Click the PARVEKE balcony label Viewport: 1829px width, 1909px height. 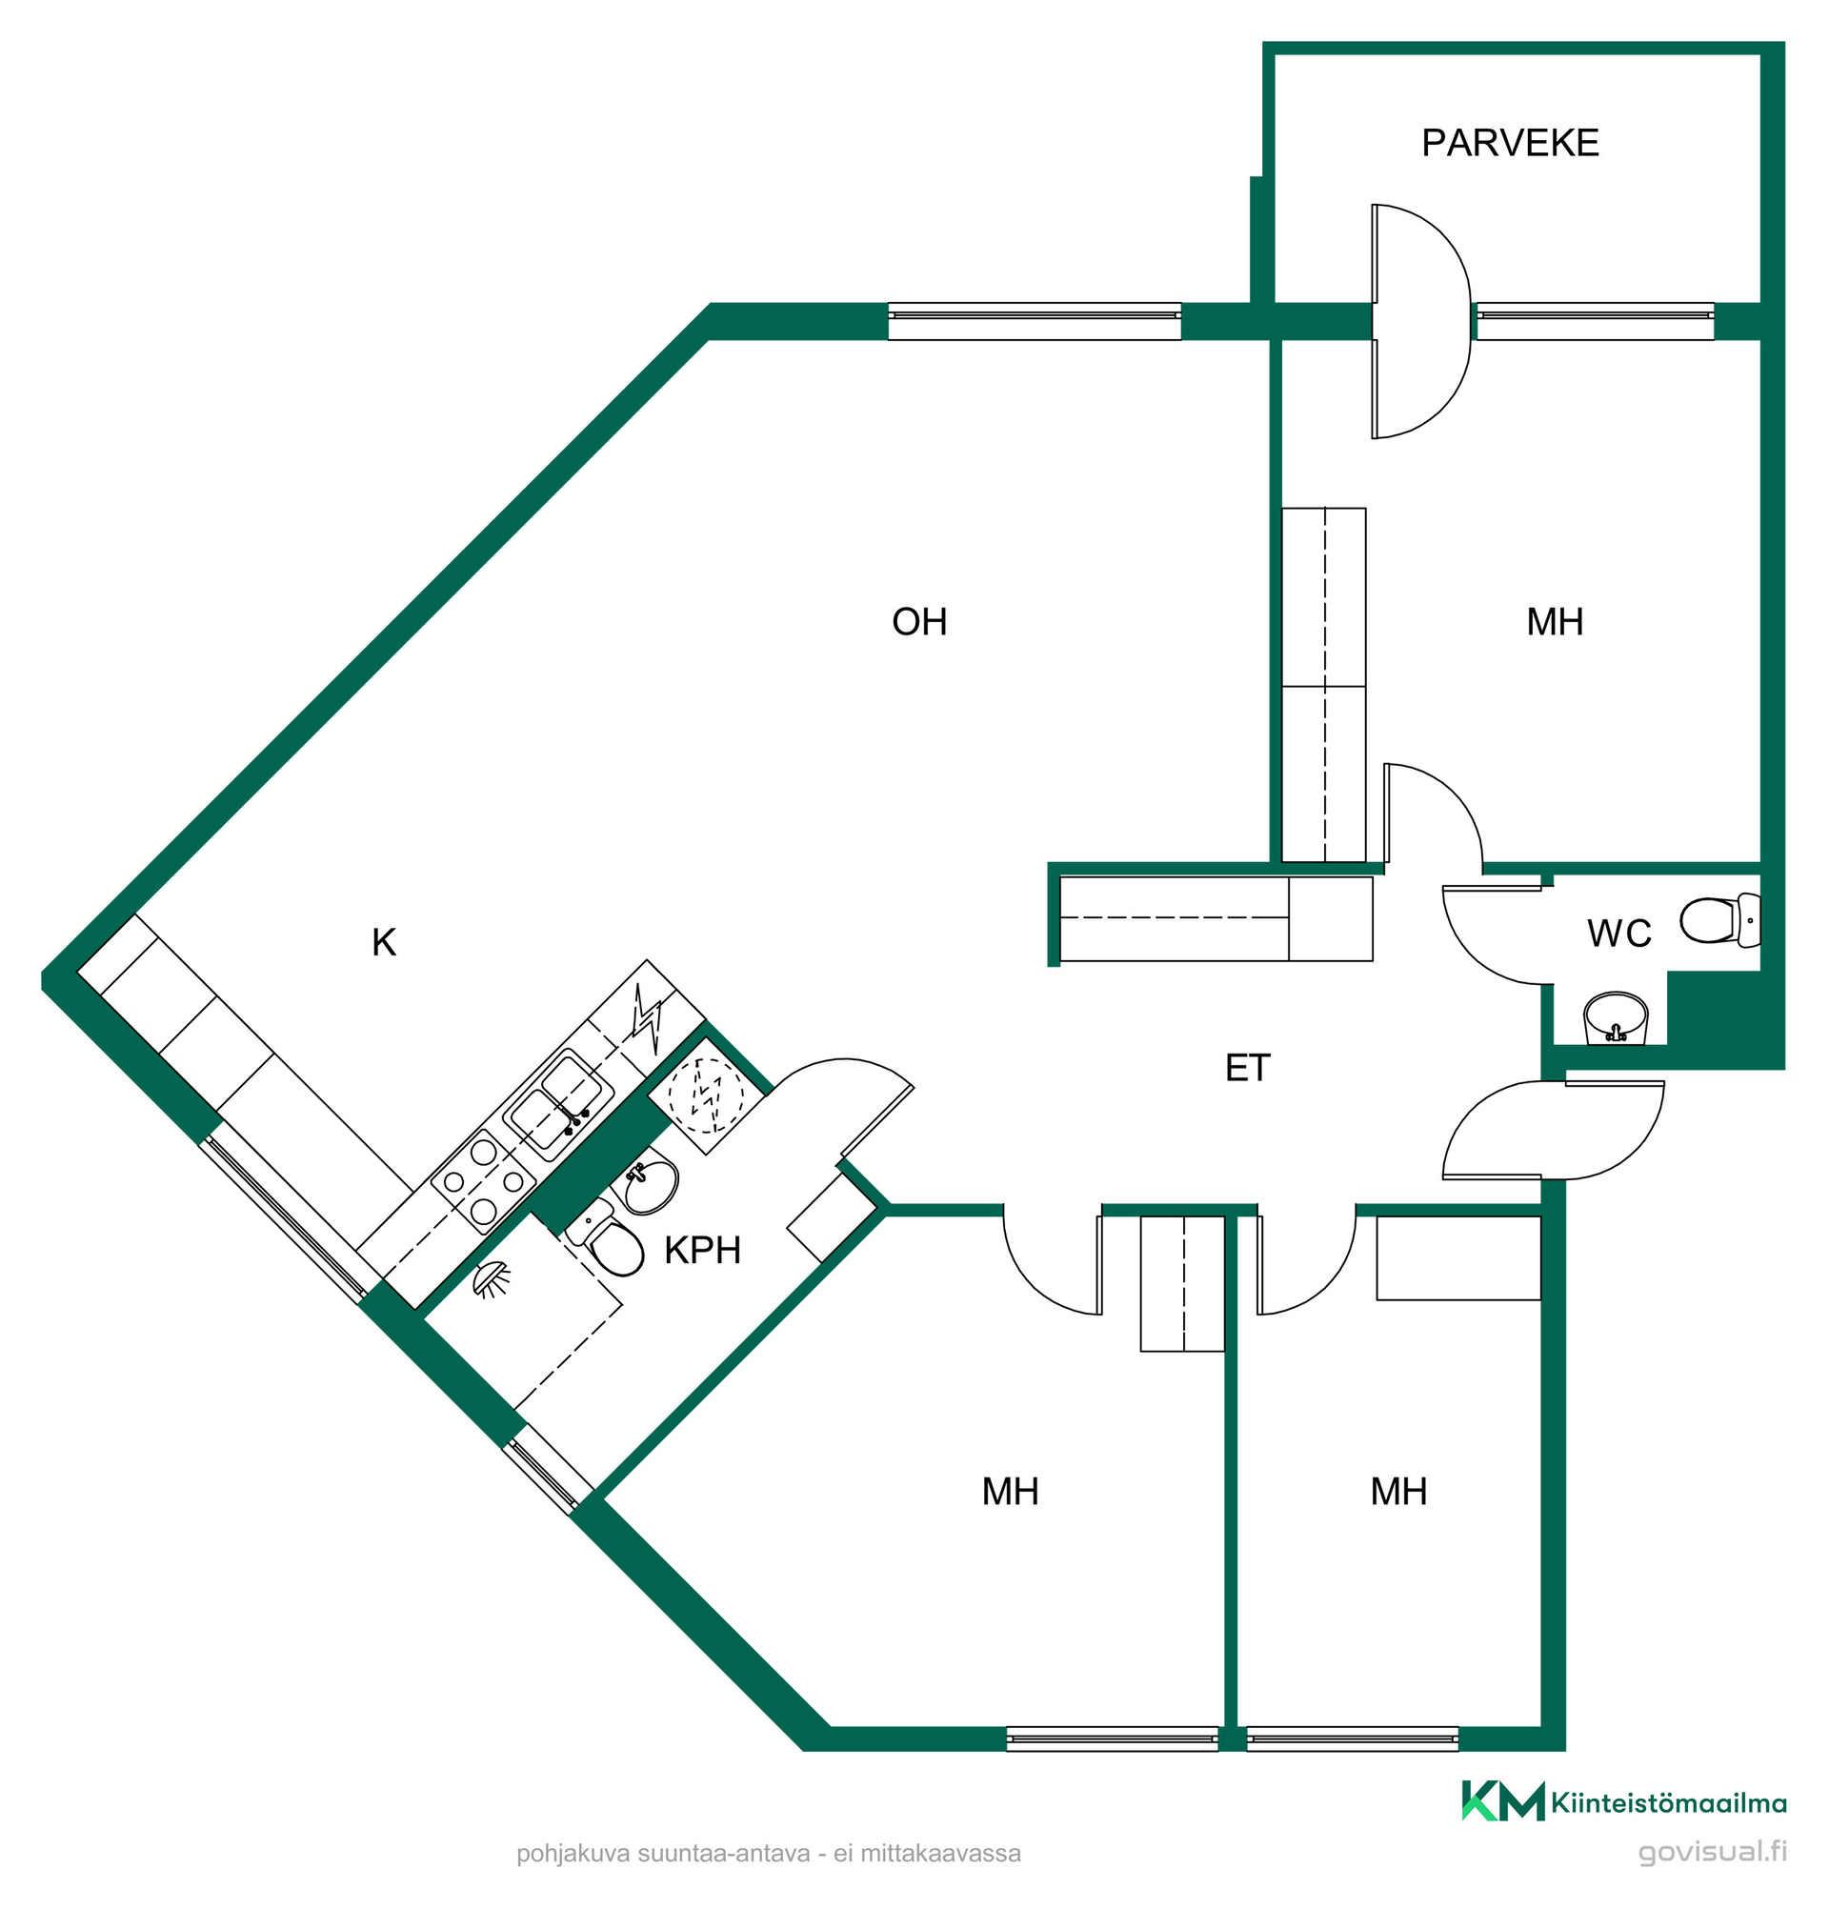point(1509,143)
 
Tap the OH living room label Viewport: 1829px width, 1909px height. point(918,621)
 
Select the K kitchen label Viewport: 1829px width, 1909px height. point(384,942)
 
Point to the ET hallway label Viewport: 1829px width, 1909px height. point(1247,1068)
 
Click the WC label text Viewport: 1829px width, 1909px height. point(1618,934)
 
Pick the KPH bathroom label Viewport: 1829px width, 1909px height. point(702,1250)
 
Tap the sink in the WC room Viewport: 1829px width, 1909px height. point(1616,1018)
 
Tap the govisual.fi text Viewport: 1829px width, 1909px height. point(1712,1851)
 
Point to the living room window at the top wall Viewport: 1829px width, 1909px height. point(1035,320)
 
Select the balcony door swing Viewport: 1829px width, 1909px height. point(1420,321)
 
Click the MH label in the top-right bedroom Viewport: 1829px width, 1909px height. point(1555,621)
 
